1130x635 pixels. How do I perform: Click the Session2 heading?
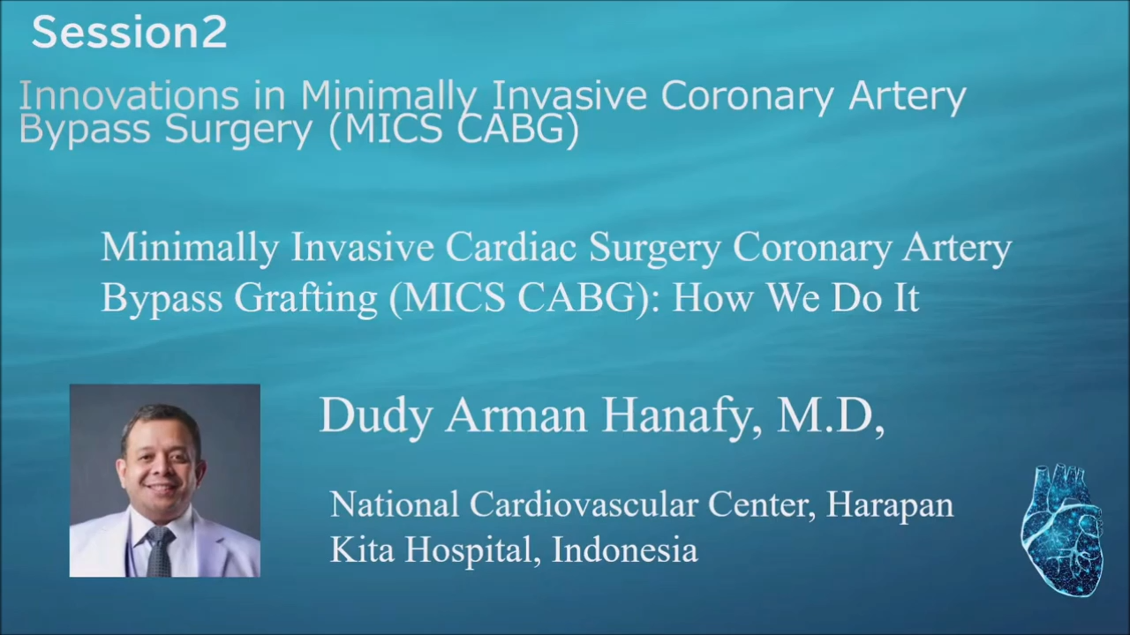point(129,33)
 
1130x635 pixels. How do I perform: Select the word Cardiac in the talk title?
point(510,247)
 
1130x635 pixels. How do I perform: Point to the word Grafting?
point(305,298)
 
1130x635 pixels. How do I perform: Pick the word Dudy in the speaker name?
point(376,416)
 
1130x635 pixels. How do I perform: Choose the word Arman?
point(516,415)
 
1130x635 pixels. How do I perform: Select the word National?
point(395,504)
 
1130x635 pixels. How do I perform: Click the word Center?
point(762,504)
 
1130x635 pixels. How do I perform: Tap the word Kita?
point(362,549)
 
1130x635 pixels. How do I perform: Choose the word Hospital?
point(469,549)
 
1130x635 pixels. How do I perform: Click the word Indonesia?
point(625,549)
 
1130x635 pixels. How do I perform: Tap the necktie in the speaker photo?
point(161,551)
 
